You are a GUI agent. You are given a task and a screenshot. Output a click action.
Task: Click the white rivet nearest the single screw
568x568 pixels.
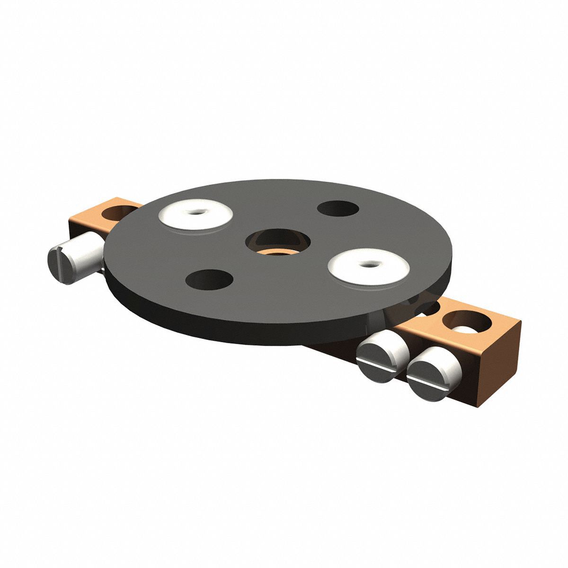195,216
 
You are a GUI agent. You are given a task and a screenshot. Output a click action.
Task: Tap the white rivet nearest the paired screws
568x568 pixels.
369,266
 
